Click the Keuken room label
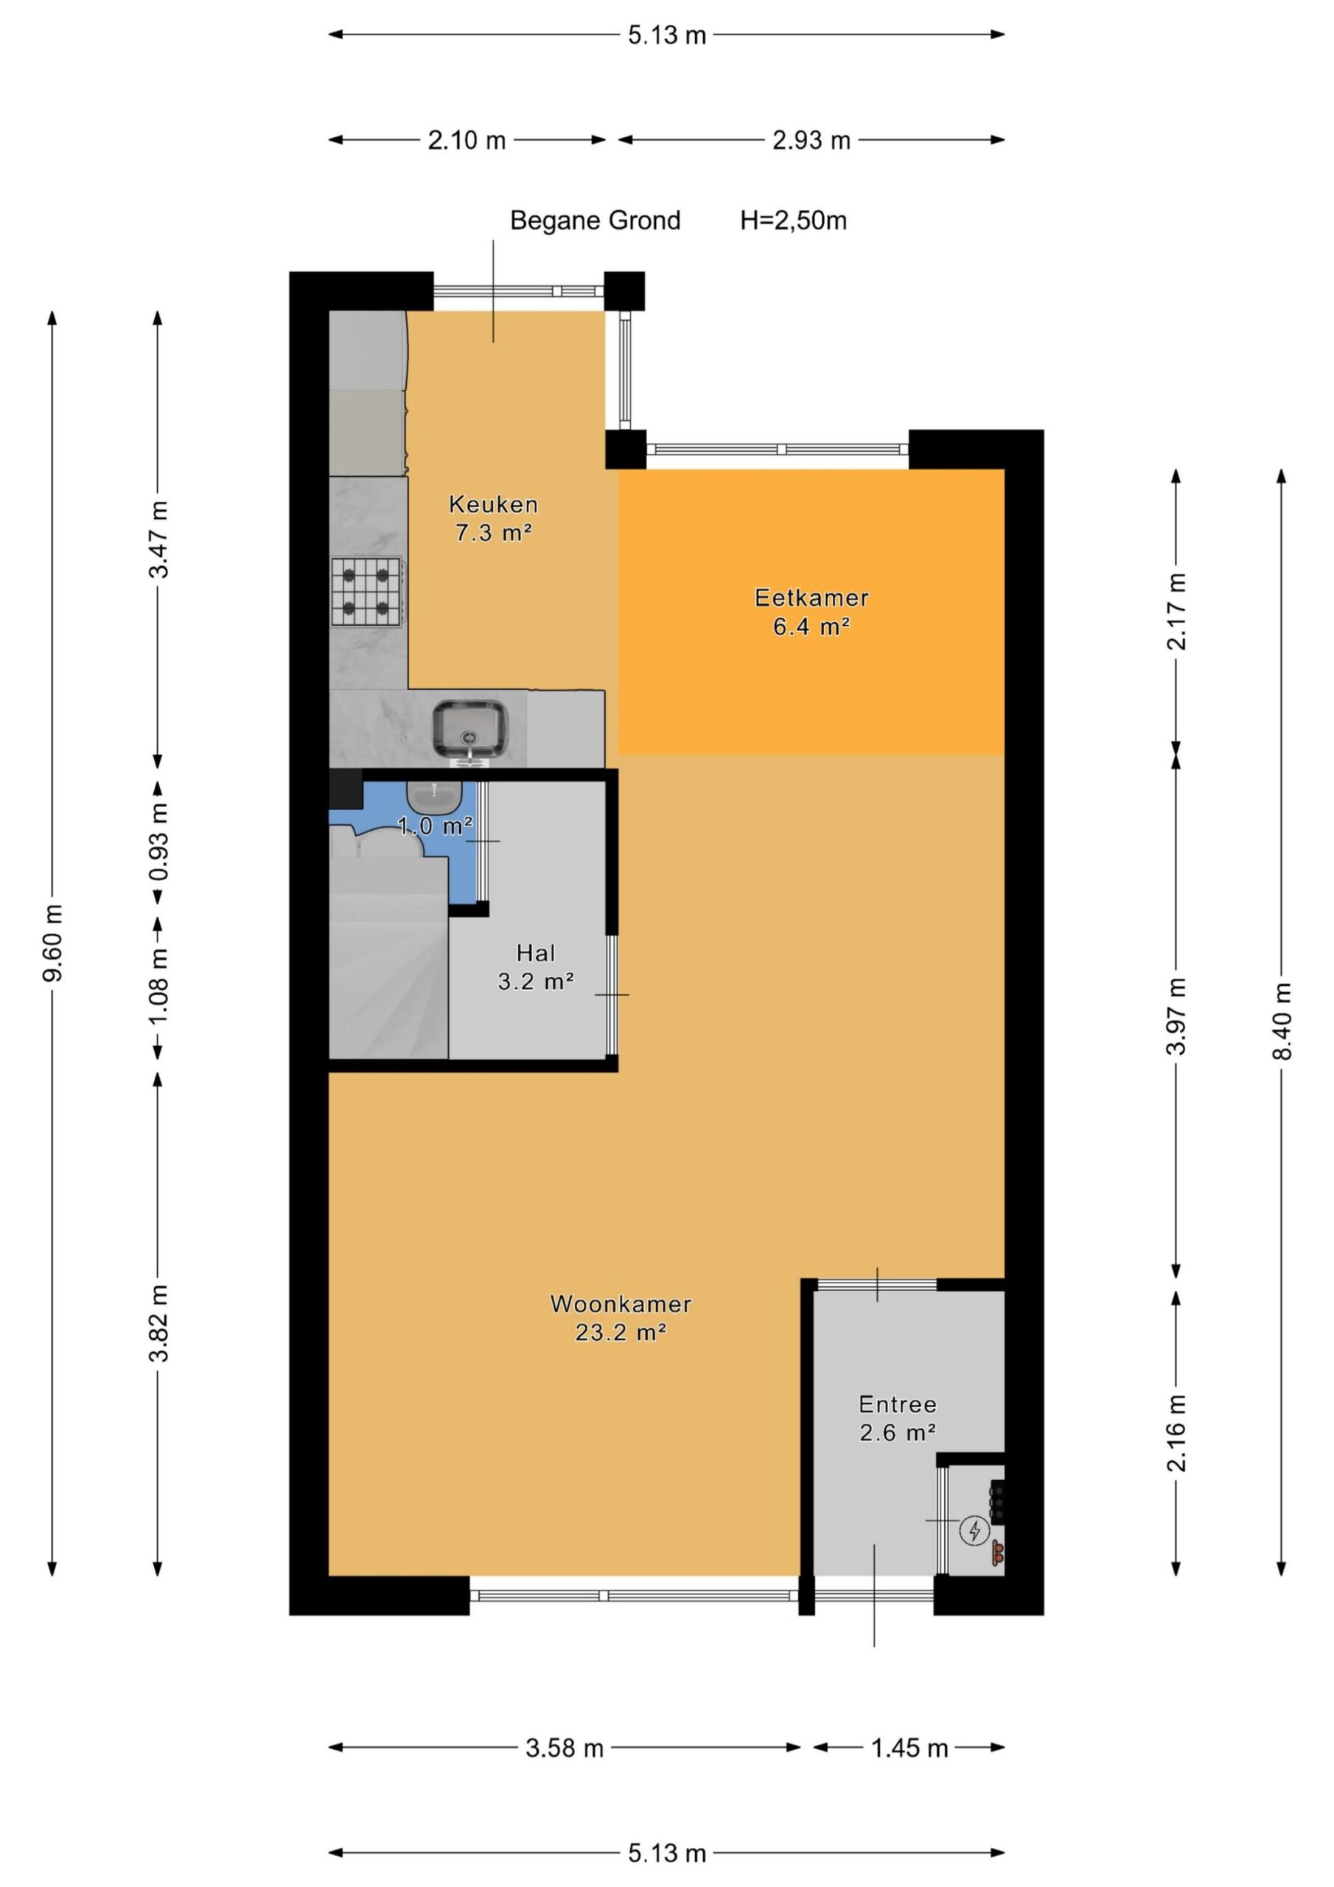tap(493, 517)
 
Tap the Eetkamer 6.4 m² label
tap(811, 612)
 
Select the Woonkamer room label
tap(621, 1317)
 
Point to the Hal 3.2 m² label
tap(535, 966)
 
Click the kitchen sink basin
tap(470, 729)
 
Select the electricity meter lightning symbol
tap(976, 1546)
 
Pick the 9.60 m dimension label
tap(53, 943)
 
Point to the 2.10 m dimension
tap(467, 141)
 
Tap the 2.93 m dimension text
tap(811, 141)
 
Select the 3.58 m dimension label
tap(565, 1748)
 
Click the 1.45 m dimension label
tap(910, 1748)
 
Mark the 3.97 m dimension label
tap(1177, 1016)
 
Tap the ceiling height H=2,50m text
tap(793, 221)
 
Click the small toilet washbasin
tap(434, 795)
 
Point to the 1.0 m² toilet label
tap(435, 825)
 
